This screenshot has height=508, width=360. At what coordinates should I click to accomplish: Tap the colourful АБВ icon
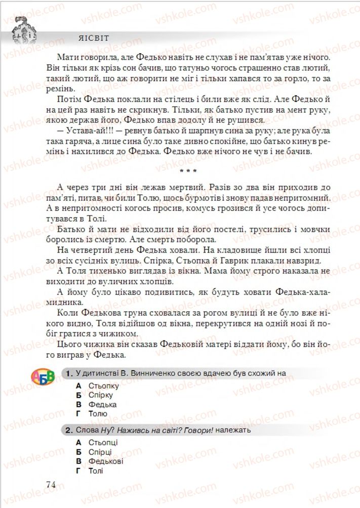click(x=43, y=377)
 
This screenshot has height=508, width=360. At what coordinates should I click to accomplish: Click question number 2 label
click(x=70, y=431)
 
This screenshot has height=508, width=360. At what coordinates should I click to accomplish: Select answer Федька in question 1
click(x=102, y=404)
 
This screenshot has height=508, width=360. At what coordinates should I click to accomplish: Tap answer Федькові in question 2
click(x=106, y=461)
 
